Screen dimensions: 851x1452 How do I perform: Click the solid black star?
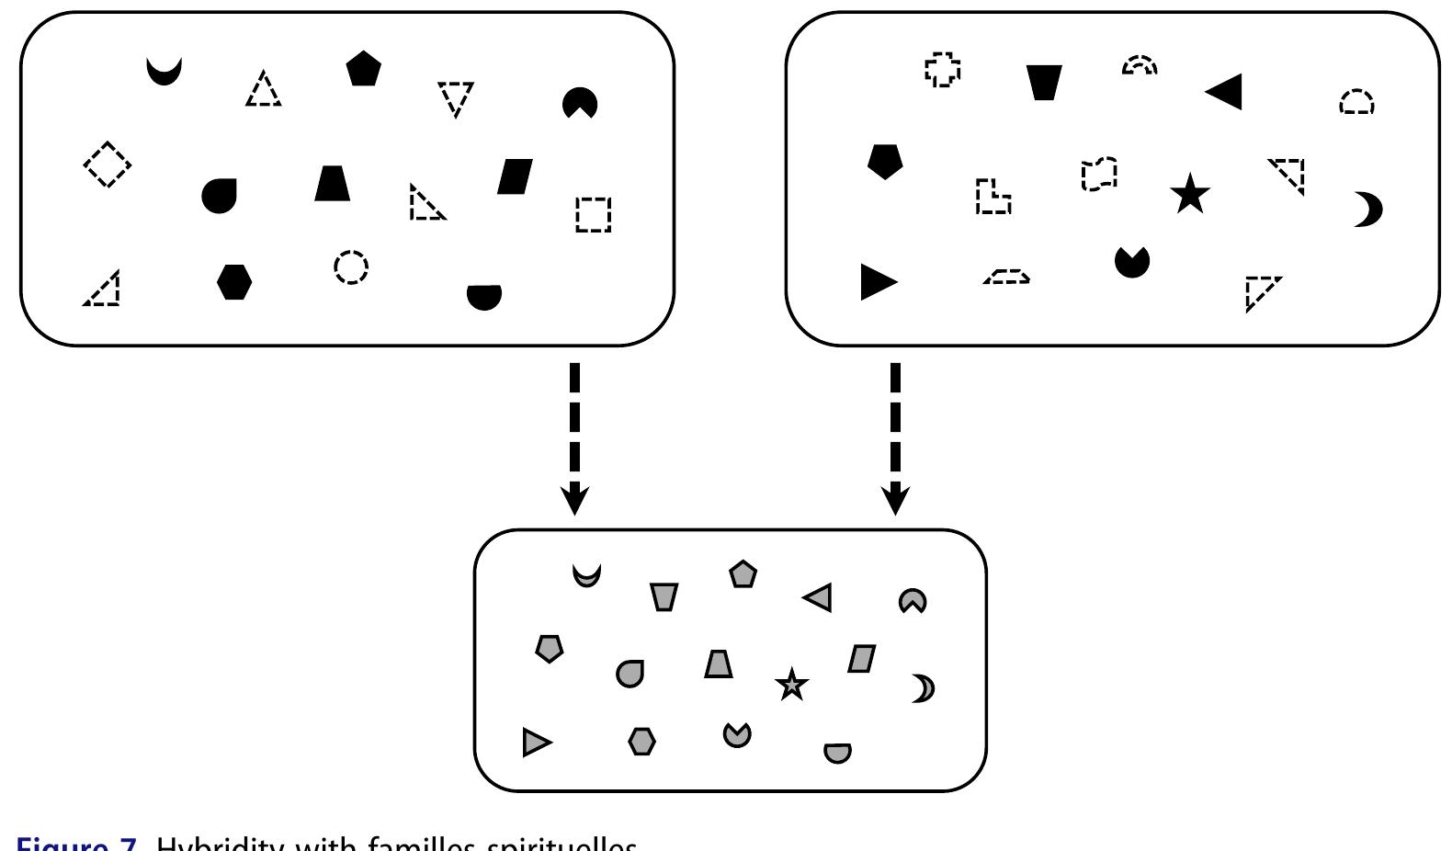click(x=1190, y=194)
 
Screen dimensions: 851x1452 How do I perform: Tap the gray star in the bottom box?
click(x=791, y=685)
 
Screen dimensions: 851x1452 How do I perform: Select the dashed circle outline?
click(x=351, y=267)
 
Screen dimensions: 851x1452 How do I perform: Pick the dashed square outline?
click(x=593, y=214)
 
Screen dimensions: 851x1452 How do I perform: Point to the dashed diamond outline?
click(x=108, y=165)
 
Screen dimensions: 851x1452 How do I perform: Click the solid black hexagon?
click(x=234, y=281)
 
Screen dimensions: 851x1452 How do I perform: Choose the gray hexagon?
click(x=641, y=741)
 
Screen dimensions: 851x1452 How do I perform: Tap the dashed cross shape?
click(x=943, y=69)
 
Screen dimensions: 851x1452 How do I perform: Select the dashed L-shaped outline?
click(x=992, y=197)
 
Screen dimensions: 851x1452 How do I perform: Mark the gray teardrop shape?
click(x=630, y=674)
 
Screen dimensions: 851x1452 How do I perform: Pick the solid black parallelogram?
click(x=515, y=176)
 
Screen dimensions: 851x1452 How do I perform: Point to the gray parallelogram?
click(x=861, y=659)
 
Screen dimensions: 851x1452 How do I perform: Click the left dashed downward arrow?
click(x=574, y=437)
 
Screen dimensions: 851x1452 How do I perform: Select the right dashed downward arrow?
click(x=895, y=437)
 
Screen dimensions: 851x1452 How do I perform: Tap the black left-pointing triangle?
click(x=1226, y=91)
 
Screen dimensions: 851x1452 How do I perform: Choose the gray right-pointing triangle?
click(x=536, y=742)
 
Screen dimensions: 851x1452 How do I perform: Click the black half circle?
click(x=484, y=296)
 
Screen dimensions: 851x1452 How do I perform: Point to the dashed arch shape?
click(x=1140, y=65)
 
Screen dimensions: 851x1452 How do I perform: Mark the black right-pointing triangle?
click(x=877, y=281)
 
